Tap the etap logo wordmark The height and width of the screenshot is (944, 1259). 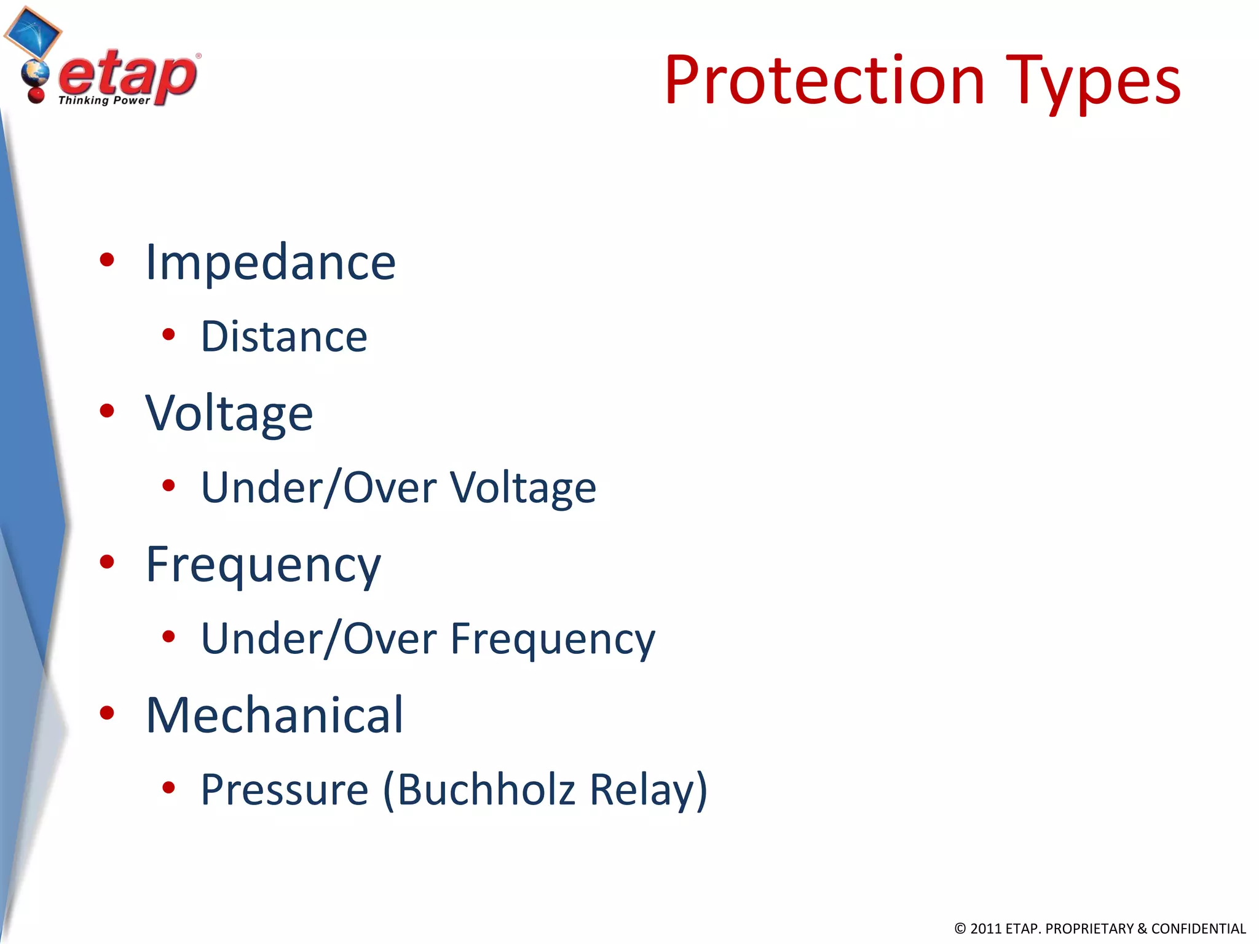[x=128, y=76]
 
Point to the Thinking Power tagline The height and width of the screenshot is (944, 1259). [x=104, y=100]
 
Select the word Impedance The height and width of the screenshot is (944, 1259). [x=270, y=263]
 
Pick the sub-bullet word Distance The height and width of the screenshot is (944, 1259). [x=284, y=337]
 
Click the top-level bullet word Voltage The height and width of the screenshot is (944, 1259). [x=229, y=414]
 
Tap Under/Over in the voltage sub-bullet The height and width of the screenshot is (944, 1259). [x=319, y=488]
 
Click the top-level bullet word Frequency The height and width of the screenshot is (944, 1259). [x=263, y=565]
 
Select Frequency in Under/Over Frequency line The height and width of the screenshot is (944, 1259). [x=553, y=639]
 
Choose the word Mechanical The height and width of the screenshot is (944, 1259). [x=275, y=715]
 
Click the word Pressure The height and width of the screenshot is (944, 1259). [x=284, y=790]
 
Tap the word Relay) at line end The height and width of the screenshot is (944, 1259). [x=649, y=790]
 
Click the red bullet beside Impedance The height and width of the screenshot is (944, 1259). [x=107, y=260]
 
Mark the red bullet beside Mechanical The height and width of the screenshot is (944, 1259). [x=107, y=713]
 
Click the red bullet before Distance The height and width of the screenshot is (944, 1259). [x=168, y=335]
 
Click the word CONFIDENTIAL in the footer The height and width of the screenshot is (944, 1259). [x=1198, y=929]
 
